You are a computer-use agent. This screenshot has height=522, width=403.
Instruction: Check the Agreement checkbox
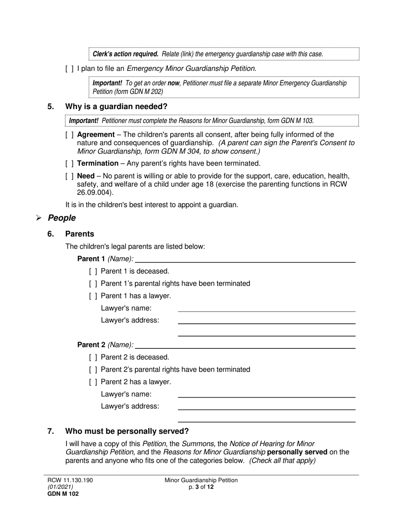click(70, 135)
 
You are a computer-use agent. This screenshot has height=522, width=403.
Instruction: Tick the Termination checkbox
click(70, 163)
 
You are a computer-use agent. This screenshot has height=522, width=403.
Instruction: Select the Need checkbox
click(70, 176)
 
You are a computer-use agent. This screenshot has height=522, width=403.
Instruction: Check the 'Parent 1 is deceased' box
click(93, 271)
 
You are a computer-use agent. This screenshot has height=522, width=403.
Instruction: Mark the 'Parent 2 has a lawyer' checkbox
click(93, 382)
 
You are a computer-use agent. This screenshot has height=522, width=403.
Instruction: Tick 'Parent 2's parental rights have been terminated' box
click(93, 370)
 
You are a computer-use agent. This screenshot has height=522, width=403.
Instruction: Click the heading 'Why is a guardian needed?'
click(116, 107)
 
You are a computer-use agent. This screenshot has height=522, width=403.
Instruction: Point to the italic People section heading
click(62, 218)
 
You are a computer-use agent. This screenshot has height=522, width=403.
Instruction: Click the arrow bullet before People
click(39, 218)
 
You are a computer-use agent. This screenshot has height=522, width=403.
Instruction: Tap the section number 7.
click(50, 432)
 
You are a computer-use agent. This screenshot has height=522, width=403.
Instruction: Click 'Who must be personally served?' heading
click(127, 432)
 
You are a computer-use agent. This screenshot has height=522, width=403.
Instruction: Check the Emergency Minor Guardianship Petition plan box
click(70, 68)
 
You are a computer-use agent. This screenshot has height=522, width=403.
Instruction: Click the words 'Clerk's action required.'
click(126, 54)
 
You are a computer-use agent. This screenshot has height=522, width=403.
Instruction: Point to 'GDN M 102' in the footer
click(63, 494)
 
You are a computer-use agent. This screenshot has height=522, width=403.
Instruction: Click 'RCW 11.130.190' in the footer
click(70, 480)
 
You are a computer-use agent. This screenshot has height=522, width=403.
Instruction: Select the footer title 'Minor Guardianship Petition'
click(201, 480)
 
